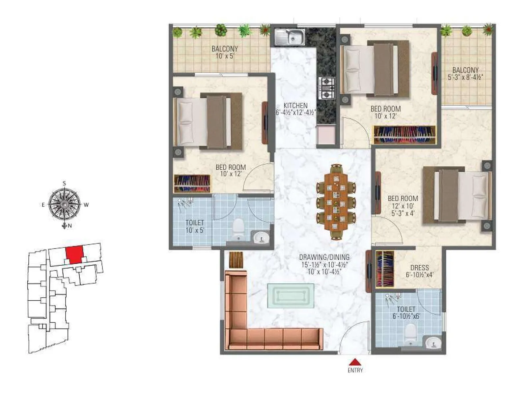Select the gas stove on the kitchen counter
click(x=326, y=88)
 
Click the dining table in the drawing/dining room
click(x=336, y=202)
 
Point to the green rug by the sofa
click(x=291, y=295)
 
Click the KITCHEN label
click(x=295, y=106)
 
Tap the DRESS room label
click(x=420, y=268)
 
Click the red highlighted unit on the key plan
click(x=74, y=254)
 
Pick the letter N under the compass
click(x=70, y=226)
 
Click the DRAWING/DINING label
click(x=324, y=257)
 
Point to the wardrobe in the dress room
click(x=384, y=269)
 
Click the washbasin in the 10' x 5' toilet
click(x=261, y=237)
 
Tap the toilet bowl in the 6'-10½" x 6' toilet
click(x=410, y=333)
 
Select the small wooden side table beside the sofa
click(x=235, y=260)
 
